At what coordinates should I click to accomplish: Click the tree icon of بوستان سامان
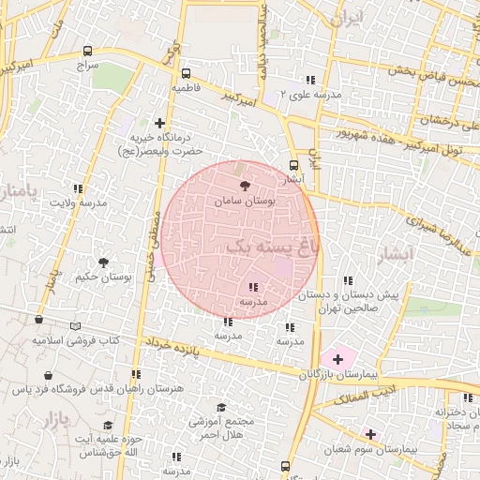tap(246, 187)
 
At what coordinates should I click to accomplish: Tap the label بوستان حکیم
tap(101, 277)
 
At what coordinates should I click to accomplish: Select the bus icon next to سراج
tap(88, 52)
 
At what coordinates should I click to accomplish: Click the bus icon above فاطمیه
tap(186, 72)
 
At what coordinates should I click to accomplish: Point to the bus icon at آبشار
tap(295, 165)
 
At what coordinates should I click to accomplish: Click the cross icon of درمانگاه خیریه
tap(159, 123)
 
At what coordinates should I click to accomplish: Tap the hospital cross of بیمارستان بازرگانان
tap(337, 359)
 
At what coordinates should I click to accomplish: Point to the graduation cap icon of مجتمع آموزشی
tap(221, 407)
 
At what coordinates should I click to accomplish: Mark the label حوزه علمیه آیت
tap(97, 440)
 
